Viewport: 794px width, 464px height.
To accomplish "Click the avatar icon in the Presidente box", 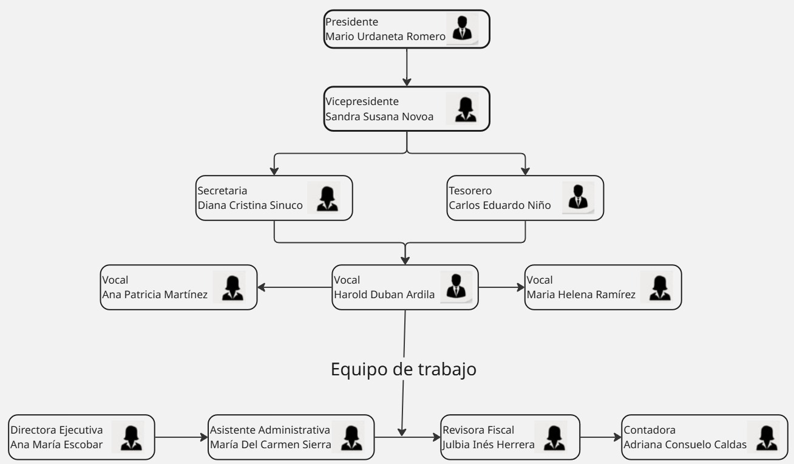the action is pyautogui.click(x=462, y=29).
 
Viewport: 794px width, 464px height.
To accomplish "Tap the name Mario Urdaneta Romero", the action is pyautogui.click(x=385, y=36).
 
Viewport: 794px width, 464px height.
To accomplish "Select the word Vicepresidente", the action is pyautogui.click(x=362, y=101).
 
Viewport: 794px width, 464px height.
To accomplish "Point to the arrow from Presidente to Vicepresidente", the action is pyautogui.click(x=407, y=67).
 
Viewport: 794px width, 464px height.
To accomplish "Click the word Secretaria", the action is pyautogui.click(x=222, y=191).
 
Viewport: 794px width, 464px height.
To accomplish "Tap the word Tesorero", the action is pyautogui.click(x=470, y=191).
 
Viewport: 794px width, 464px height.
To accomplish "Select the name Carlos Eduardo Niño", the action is pyautogui.click(x=500, y=205).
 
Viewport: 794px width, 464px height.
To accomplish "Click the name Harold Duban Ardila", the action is pyautogui.click(x=384, y=295).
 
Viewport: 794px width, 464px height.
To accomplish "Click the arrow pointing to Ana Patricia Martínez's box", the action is pyautogui.click(x=294, y=287).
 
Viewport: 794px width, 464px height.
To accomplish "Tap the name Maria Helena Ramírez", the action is pyautogui.click(x=581, y=295).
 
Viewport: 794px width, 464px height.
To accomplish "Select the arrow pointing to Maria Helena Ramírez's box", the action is pyautogui.click(x=501, y=287).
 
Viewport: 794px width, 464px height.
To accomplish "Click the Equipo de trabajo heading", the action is pyautogui.click(x=404, y=369).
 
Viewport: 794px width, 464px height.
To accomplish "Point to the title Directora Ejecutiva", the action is pyautogui.click(x=56, y=430).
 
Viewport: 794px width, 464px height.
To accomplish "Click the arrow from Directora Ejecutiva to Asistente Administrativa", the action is pyautogui.click(x=181, y=437).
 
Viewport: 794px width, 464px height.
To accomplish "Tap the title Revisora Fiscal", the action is pyautogui.click(x=478, y=430).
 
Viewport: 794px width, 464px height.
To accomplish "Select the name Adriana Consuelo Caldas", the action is pyautogui.click(x=685, y=445).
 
